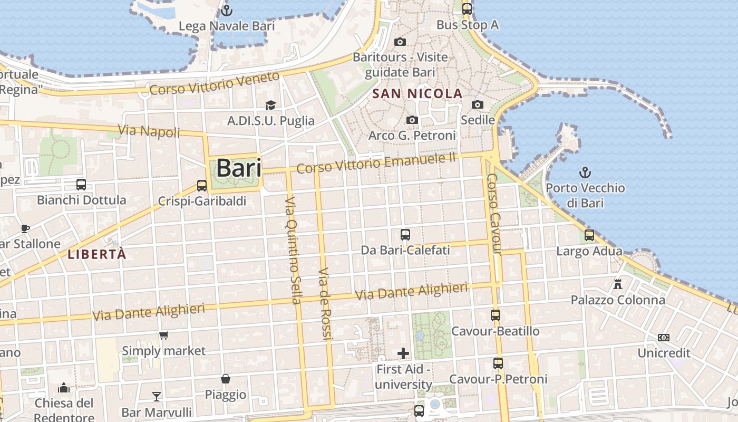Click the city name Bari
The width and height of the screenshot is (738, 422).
click(239, 168)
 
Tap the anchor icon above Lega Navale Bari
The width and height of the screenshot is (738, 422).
click(227, 10)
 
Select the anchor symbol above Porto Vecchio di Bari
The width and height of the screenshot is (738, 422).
click(585, 172)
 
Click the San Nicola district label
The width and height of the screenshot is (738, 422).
click(417, 94)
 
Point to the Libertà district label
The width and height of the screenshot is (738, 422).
click(97, 254)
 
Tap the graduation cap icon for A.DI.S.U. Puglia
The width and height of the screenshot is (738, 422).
click(270, 105)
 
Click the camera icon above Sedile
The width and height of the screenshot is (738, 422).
click(478, 104)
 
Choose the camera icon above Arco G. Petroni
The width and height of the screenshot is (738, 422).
click(412, 120)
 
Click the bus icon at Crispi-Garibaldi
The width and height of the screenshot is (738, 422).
click(202, 185)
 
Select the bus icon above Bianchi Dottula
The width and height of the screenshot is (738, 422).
click(81, 185)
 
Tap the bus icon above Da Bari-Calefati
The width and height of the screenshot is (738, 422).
click(405, 235)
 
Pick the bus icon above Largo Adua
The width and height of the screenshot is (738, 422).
click(589, 235)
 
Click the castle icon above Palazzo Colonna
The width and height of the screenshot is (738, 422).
click(618, 284)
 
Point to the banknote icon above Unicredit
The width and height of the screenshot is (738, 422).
click(664, 337)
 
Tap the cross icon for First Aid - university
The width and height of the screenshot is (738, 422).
click(403, 353)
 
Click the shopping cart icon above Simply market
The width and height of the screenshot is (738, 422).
click(164, 335)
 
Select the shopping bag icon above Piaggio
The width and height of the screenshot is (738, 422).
click(226, 379)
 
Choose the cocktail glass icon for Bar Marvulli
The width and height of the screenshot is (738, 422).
click(157, 396)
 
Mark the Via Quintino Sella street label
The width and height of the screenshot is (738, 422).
click(293, 251)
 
